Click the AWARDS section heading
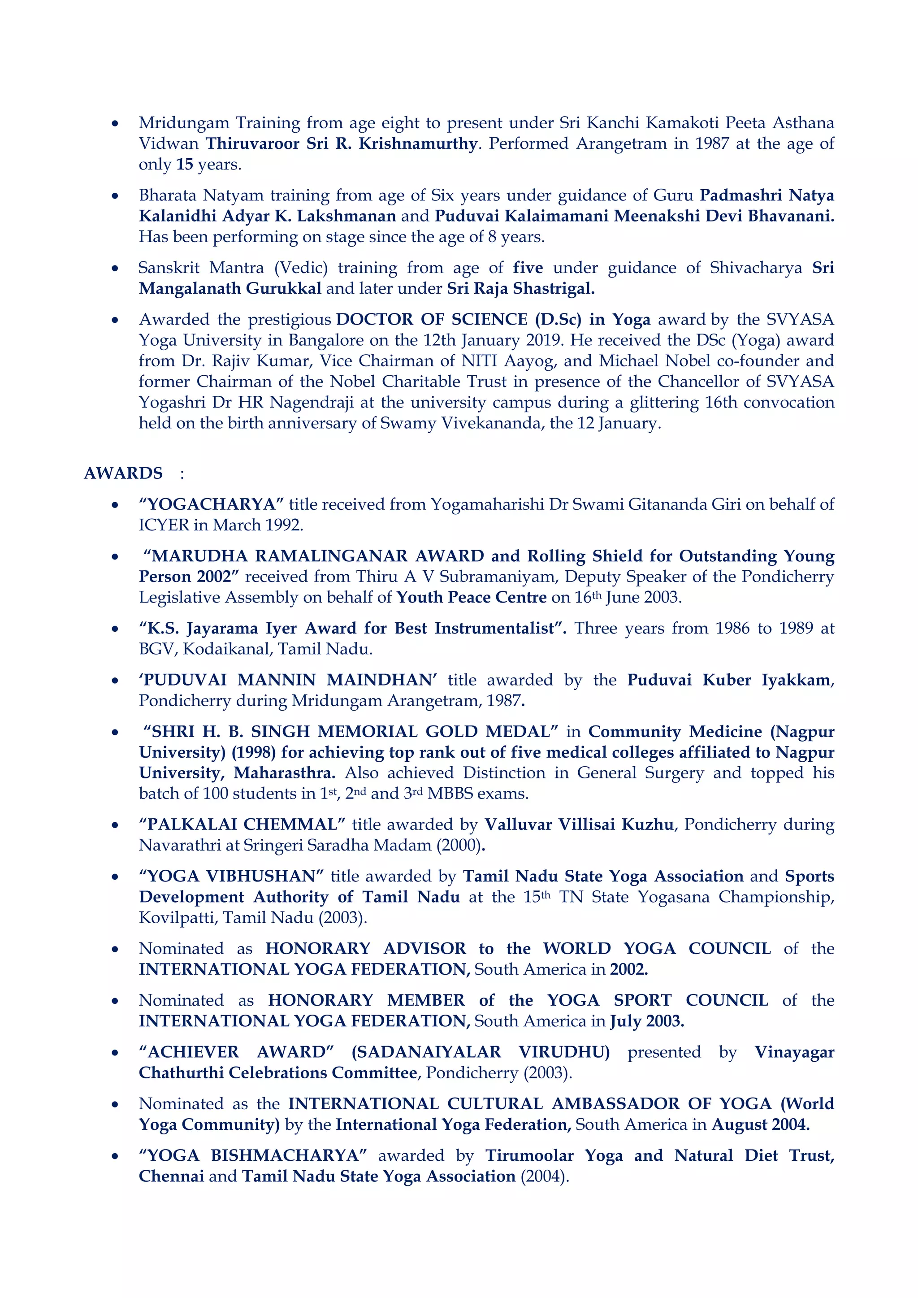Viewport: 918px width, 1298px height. pos(123,473)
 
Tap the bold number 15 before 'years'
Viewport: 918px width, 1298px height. pos(184,165)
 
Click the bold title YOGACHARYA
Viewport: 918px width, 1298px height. pos(211,504)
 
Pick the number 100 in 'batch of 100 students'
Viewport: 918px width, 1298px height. pos(215,794)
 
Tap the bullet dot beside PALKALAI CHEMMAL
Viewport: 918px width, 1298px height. pos(115,825)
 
